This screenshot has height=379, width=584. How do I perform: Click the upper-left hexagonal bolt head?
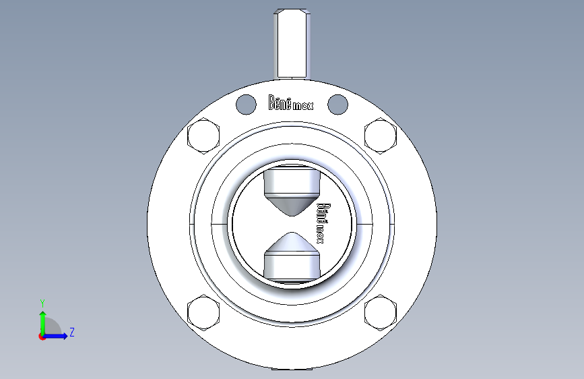(203, 136)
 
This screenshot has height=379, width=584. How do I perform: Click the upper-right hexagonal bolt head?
(381, 136)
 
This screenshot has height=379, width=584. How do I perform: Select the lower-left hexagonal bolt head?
(203, 313)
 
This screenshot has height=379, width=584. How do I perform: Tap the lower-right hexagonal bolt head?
(381, 313)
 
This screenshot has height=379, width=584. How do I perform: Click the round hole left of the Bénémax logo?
(246, 105)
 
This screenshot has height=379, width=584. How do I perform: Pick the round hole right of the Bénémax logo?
(338, 105)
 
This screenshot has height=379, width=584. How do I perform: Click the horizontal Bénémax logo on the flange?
(291, 103)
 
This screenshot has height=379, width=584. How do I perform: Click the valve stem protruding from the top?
(292, 44)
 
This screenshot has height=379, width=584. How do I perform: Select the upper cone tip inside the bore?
(292, 214)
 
